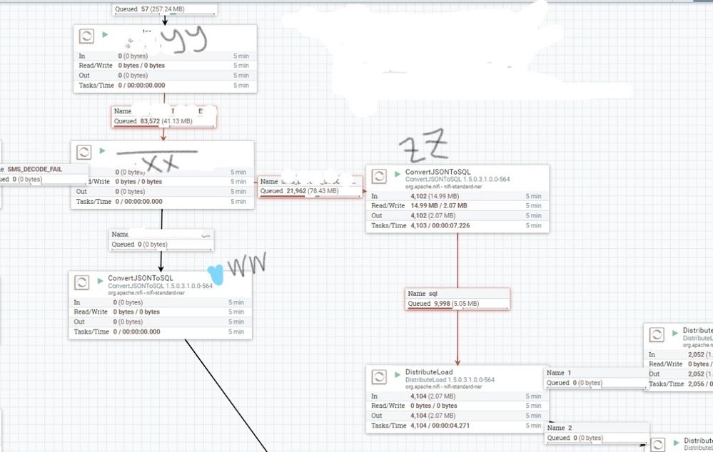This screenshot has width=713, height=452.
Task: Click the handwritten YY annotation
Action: point(182,41)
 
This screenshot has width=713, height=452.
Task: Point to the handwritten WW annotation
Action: point(247,266)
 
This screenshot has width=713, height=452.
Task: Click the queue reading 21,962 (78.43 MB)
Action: point(310,191)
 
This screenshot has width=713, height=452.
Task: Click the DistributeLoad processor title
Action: point(429,372)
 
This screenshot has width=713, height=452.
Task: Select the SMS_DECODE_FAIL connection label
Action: point(34,169)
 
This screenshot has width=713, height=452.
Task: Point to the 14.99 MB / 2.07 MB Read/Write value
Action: point(438,206)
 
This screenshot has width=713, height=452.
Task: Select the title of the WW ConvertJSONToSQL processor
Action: point(141,278)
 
